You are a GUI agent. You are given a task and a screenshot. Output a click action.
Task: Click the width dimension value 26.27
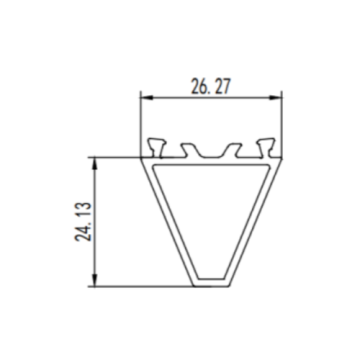point(207,86)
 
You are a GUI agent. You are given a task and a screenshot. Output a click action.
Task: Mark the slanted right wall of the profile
point(255,220)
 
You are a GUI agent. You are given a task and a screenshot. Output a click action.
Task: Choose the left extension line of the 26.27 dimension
point(139,120)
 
